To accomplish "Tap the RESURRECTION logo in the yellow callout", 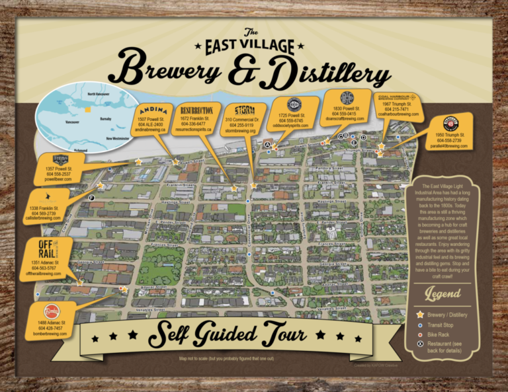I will [x=196, y=109].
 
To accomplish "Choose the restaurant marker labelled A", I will [x=267, y=144].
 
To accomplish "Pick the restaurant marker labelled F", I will [x=91, y=196].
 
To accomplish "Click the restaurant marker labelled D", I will [x=363, y=137].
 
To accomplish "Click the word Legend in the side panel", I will [x=443, y=293].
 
